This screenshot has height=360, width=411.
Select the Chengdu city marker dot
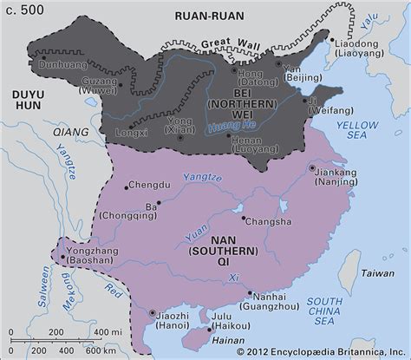(x=127, y=185)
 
